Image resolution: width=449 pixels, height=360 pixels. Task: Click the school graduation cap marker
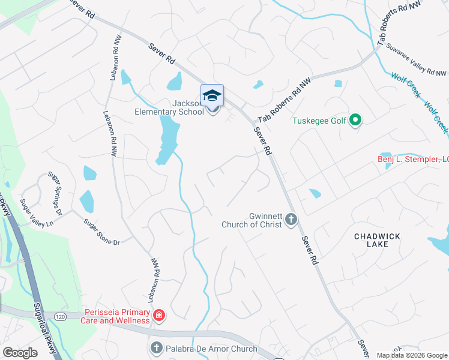coord(212,96)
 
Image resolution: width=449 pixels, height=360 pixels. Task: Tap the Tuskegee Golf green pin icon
coord(355,121)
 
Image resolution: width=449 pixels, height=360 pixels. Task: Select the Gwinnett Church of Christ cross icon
coord(291,220)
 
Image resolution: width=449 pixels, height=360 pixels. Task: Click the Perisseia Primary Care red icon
coord(159,315)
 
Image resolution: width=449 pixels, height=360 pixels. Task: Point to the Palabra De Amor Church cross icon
coord(156,348)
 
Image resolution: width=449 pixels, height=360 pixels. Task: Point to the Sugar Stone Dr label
coord(101,232)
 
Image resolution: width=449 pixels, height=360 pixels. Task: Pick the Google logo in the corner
coord(20,353)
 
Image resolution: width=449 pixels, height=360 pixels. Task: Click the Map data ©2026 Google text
coord(411,355)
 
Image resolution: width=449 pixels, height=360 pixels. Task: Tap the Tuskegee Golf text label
coord(319,121)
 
